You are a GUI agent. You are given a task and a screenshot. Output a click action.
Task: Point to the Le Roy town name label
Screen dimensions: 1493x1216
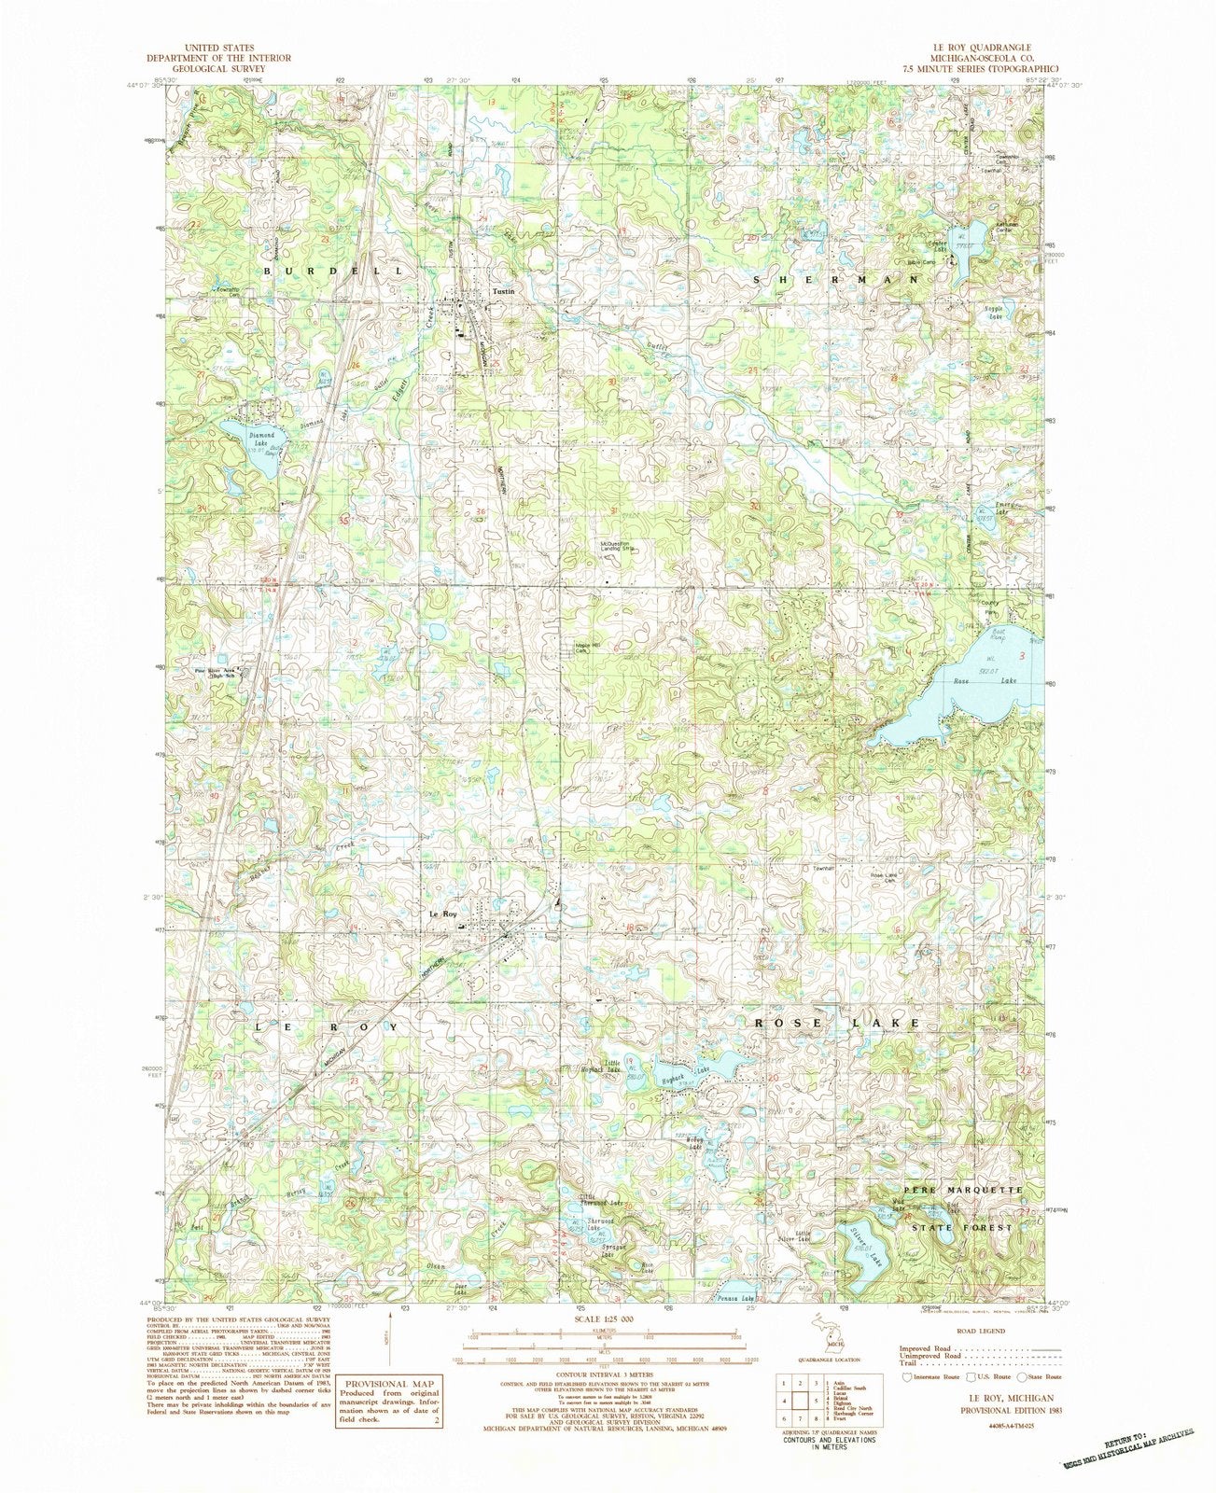tap(443, 914)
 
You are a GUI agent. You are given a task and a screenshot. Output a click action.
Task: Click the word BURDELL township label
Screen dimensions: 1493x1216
tap(337, 269)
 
